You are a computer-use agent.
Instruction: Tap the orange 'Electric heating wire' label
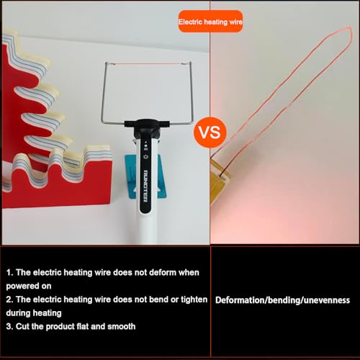(x=211, y=24)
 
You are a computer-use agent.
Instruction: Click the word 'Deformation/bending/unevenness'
(x=282, y=300)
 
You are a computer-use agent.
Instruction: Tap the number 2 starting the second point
(x=9, y=298)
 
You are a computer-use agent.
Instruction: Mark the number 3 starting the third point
(x=9, y=326)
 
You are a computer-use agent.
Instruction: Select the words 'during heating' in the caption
(x=35, y=312)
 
